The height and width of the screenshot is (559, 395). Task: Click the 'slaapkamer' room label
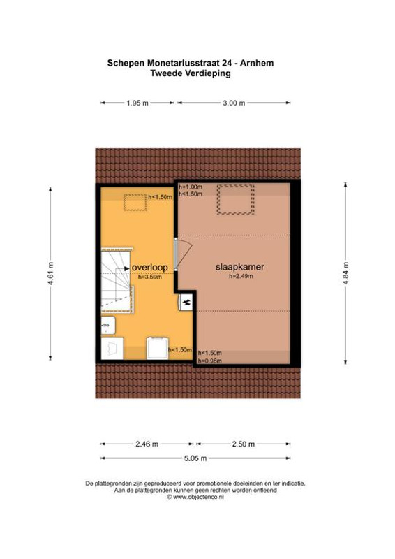[x=239, y=267]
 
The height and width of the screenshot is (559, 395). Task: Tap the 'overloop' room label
[x=149, y=267]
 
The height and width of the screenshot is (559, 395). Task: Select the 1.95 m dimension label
[x=137, y=103]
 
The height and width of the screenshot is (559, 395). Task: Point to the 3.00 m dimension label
[x=234, y=103]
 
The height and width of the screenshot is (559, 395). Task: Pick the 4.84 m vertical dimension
[x=345, y=273]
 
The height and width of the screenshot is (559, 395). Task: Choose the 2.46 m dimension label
[x=147, y=444]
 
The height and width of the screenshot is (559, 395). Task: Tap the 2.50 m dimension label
[x=244, y=444]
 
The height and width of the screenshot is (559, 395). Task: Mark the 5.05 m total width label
[x=195, y=458]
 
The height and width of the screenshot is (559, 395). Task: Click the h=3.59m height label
[x=150, y=277]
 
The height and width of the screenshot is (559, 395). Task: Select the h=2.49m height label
[x=241, y=276]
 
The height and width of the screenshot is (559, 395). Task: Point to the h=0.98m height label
[x=210, y=361]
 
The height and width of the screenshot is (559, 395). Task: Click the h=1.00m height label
[x=191, y=187]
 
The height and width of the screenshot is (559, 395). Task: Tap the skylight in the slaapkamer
[x=235, y=199]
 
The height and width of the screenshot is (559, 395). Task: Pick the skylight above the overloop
[x=135, y=203]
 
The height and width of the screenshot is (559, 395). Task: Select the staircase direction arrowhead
[x=127, y=268]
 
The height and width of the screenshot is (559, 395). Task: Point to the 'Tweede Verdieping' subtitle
[x=191, y=73]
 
